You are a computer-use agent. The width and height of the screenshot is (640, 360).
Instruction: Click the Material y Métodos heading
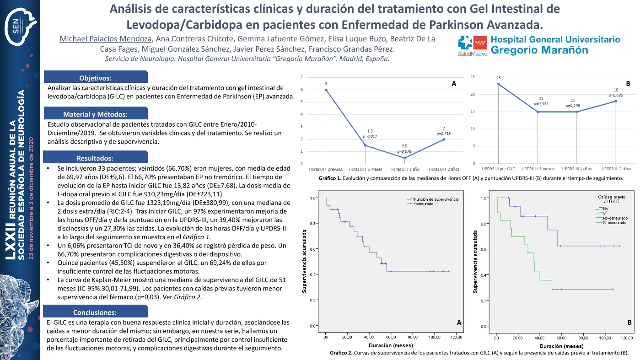95,114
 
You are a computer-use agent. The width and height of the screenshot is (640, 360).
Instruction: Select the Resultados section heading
95,158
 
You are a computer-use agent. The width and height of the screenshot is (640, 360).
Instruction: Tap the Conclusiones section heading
95,312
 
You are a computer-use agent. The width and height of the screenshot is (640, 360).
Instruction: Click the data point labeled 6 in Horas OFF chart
326,90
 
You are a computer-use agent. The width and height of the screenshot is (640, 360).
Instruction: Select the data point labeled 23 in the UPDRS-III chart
498,84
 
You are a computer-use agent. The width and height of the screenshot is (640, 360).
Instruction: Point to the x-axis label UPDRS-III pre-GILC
498,169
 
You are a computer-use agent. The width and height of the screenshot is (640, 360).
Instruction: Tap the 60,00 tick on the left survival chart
392,338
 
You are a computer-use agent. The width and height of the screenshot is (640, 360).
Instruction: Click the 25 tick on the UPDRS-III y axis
485,77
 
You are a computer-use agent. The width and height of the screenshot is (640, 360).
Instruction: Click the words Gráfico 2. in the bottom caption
341,353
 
